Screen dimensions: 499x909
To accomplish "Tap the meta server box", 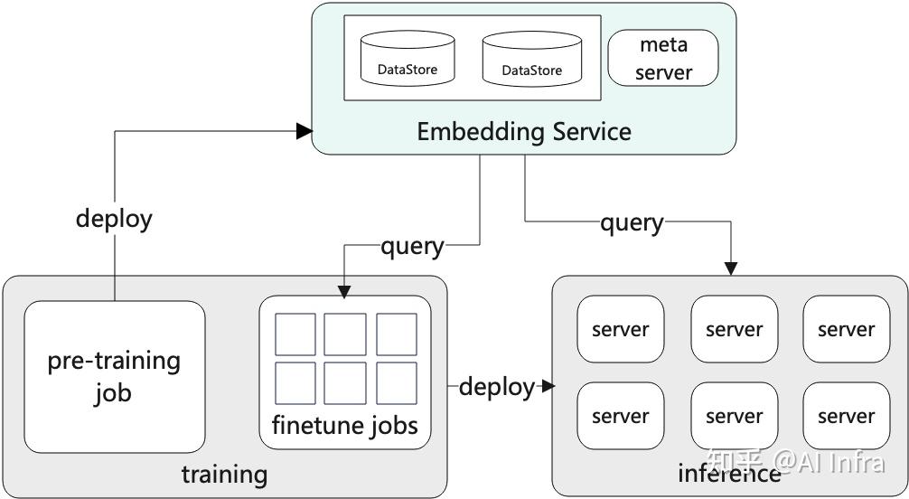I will tap(663, 58).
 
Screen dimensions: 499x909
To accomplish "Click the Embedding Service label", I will tap(523, 132).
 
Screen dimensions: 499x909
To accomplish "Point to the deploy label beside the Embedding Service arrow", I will tap(114, 219).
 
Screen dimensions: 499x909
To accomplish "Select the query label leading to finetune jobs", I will tap(412, 246).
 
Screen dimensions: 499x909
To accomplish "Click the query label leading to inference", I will tap(632, 222).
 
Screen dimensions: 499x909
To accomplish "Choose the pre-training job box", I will tap(115, 376).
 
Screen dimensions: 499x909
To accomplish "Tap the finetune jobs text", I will tap(345, 424).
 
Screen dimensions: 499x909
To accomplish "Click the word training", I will tap(224, 475).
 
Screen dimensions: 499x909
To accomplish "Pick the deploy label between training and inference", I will tap(497, 387).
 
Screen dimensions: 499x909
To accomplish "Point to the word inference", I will tap(728, 473).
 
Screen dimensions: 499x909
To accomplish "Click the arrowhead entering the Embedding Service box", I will tap(305, 131).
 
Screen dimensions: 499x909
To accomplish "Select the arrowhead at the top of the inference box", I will tap(730, 268).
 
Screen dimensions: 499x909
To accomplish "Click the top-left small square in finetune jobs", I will tap(295, 334).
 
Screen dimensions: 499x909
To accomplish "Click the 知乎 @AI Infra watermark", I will tap(809, 463).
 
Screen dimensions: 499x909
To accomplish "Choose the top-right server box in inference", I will tap(846, 329).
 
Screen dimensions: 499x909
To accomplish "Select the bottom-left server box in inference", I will tap(620, 416).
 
